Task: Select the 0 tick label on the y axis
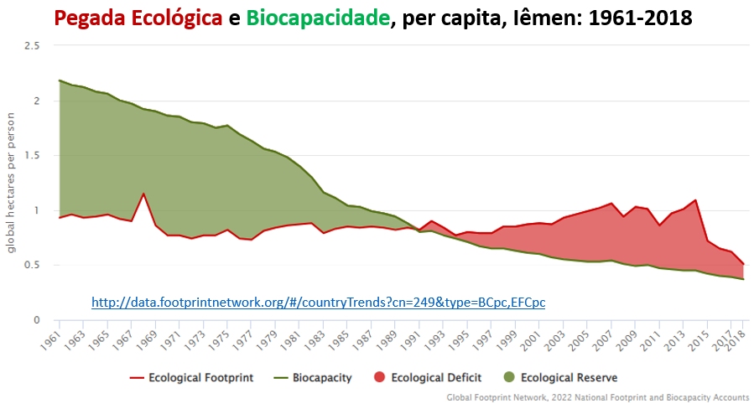(x=36, y=320)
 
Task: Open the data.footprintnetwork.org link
(x=318, y=300)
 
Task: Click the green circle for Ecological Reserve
(x=509, y=377)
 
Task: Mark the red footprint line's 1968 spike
(x=143, y=194)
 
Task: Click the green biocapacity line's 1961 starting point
(x=60, y=80)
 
